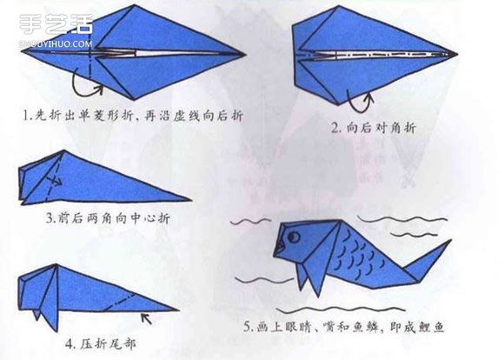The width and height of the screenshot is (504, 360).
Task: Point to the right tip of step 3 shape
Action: click(189, 200)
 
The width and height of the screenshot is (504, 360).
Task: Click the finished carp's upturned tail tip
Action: click(448, 243)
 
